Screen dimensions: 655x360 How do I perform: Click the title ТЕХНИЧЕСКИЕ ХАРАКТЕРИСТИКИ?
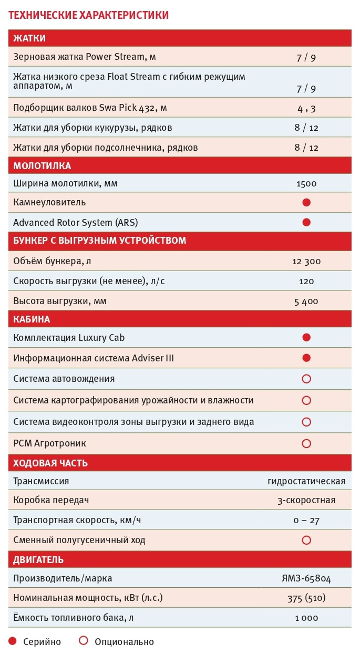coord(88,15)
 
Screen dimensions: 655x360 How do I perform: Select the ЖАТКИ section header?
coord(29,38)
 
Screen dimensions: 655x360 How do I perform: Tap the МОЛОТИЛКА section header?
coord(42,166)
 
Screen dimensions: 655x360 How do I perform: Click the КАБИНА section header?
coord(32,319)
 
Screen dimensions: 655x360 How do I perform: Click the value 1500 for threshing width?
coord(306,184)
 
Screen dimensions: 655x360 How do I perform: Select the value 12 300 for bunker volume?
coord(306,261)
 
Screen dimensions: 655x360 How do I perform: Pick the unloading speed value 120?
coord(306,281)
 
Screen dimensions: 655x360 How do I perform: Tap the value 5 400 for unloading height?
coord(306,301)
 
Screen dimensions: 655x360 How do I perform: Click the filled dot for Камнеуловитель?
coord(306,202)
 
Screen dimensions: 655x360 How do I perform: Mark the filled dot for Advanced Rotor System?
coord(306,222)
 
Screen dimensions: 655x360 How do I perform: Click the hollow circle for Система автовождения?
coord(306,379)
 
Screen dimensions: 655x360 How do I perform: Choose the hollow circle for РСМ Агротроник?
coord(306,443)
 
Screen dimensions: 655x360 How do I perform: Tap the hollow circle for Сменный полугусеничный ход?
coord(306,540)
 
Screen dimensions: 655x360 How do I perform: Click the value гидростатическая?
coord(306,481)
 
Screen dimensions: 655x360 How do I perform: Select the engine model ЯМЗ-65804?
coord(306,579)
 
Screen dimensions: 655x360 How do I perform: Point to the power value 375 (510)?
coord(306,598)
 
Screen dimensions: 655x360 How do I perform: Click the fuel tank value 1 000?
coord(306,618)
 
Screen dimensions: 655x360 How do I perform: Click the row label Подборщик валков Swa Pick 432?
coord(90,108)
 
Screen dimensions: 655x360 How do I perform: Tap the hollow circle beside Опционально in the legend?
coord(83,641)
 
